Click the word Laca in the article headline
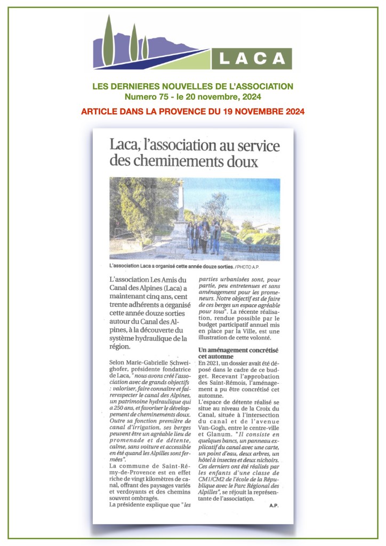click(125, 145)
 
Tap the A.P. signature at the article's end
click(274, 505)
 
